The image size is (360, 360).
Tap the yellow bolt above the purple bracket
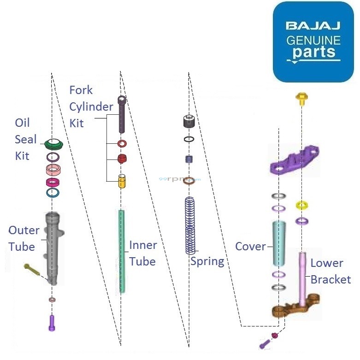pos(302,98)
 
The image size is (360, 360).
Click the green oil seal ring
pos(54,144)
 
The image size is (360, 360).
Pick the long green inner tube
pos(122,251)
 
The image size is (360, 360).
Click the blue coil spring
pos(190,225)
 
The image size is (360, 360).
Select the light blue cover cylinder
pos(278,243)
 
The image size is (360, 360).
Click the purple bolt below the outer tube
pos(52,322)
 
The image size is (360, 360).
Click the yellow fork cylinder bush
pos(122,181)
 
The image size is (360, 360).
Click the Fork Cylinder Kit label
pos(90,106)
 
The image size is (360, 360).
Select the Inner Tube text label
pos(143,253)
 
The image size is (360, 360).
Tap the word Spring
pos(207,261)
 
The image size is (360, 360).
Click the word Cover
pos(250,246)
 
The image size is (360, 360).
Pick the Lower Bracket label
pos(330,271)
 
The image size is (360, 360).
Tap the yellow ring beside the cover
pos(302,205)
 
